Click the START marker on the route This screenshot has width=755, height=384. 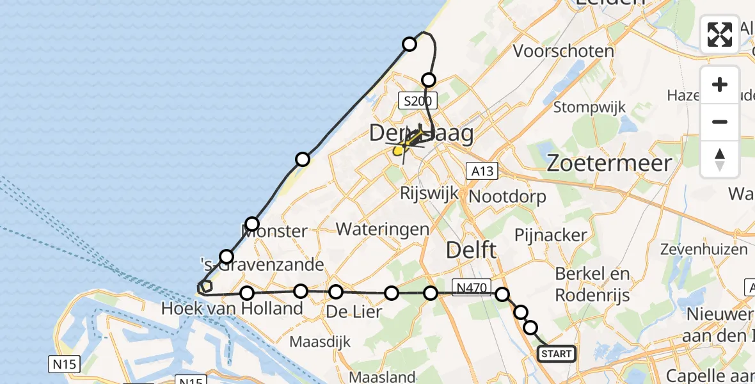(x=556, y=354)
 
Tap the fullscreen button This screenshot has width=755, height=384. (x=720, y=35)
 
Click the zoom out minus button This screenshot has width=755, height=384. (x=720, y=122)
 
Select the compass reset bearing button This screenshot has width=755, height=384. (x=720, y=159)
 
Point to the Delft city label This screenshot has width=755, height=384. (x=470, y=250)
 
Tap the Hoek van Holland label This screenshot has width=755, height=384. (x=232, y=308)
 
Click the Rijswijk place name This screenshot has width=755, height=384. (x=428, y=193)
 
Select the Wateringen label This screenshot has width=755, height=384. (x=383, y=228)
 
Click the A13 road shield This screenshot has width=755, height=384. (x=482, y=171)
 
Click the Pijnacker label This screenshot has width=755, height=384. (x=550, y=235)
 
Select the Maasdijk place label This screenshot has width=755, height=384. (x=321, y=342)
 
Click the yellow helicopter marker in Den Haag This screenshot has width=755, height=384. (x=399, y=150)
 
